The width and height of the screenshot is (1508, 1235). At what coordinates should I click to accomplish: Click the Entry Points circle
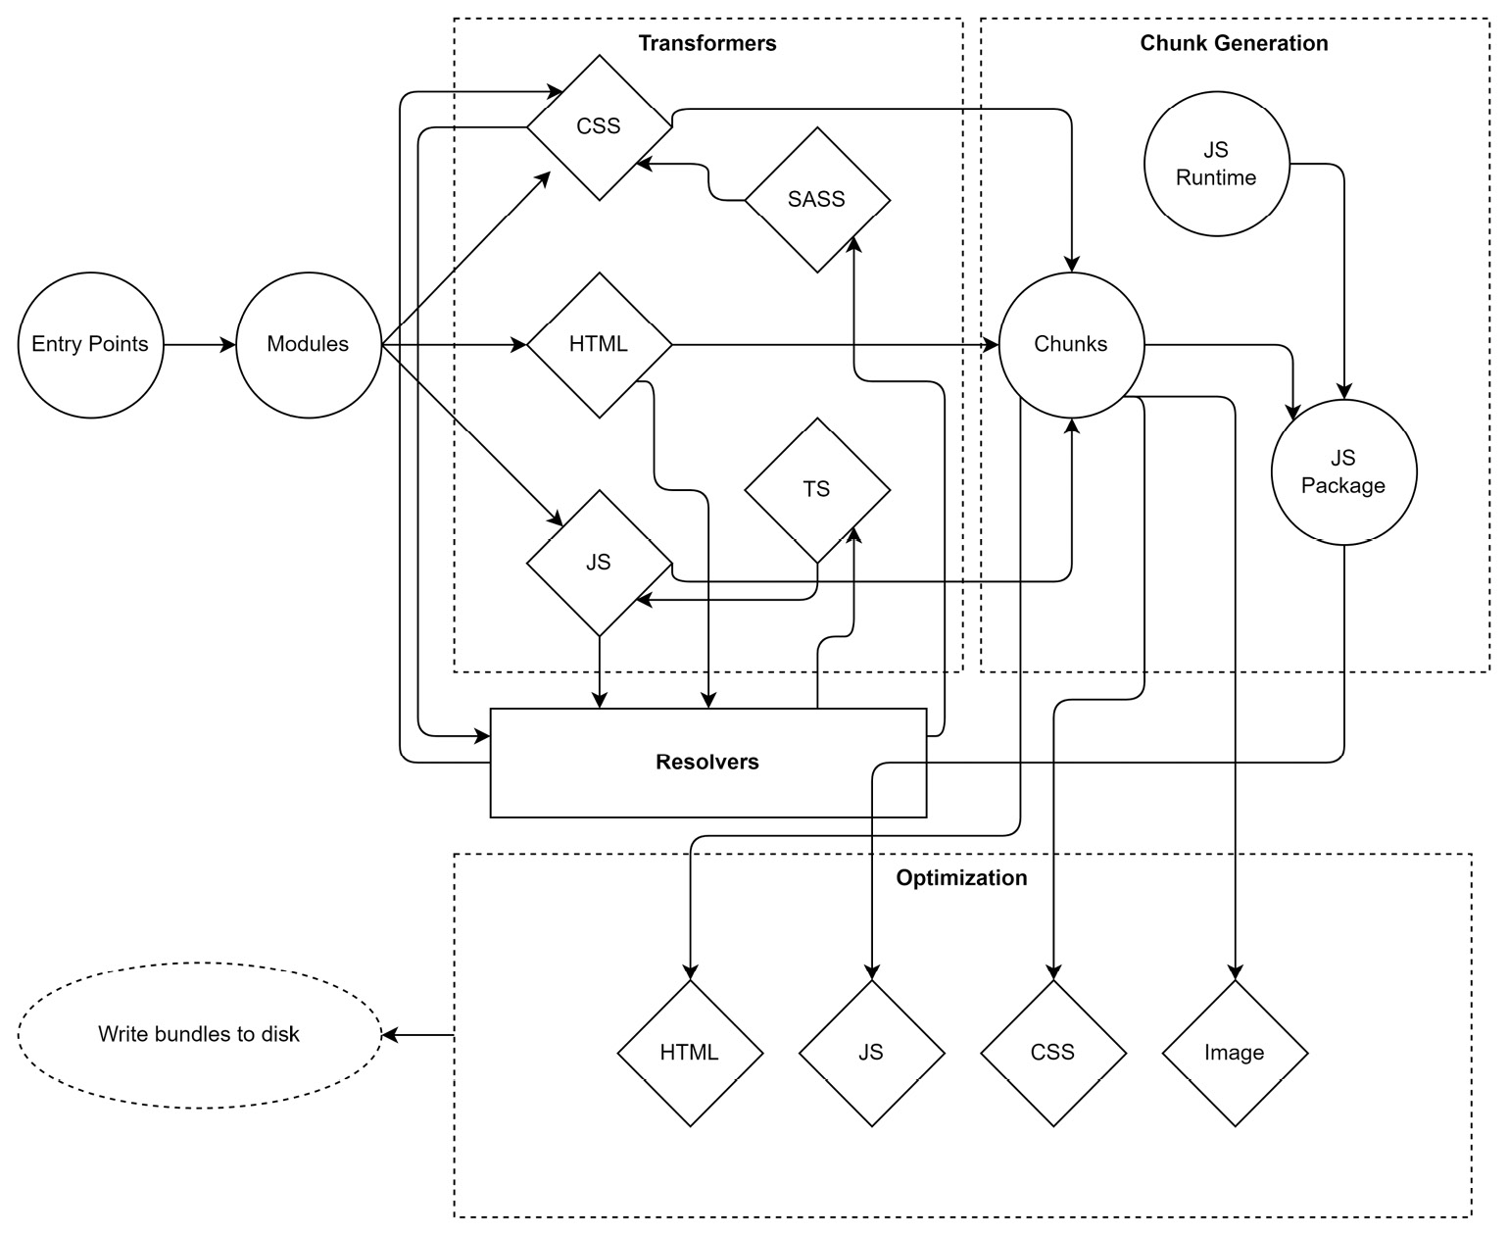(x=90, y=345)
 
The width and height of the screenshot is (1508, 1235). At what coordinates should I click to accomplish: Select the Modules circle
(x=308, y=345)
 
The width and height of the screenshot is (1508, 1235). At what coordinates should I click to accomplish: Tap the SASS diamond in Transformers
(x=817, y=200)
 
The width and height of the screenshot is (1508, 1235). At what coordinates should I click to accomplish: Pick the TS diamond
(x=817, y=489)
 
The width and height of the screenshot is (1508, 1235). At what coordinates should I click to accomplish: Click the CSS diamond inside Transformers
(x=599, y=126)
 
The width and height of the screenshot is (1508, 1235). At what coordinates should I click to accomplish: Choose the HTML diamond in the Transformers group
(x=599, y=345)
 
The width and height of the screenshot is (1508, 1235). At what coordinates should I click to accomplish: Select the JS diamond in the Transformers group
(x=599, y=563)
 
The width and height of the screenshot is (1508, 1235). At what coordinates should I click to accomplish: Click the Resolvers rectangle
(x=707, y=763)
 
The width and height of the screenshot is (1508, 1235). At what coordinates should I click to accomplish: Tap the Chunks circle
(x=1071, y=345)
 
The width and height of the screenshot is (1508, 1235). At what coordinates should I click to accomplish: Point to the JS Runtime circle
(x=1216, y=164)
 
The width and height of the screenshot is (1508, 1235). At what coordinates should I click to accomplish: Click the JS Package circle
(x=1343, y=471)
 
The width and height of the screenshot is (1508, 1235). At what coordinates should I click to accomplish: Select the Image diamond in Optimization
(x=1235, y=1053)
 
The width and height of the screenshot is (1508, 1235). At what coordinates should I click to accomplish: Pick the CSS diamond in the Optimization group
(x=1053, y=1053)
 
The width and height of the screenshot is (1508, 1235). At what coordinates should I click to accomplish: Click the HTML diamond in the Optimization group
(x=690, y=1053)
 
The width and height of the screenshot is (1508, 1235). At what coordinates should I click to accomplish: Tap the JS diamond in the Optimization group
(x=871, y=1053)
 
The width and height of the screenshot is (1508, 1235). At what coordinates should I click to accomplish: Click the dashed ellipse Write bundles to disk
(x=199, y=1035)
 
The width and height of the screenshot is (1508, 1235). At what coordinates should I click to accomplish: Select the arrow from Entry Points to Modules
(x=200, y=345)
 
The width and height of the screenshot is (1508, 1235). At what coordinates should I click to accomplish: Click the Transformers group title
(x=707, y=43)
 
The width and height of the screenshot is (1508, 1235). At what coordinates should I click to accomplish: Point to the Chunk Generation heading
(x=1234, y=43)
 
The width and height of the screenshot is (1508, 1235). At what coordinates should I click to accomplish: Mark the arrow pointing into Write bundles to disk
(x=417, y=1035)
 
